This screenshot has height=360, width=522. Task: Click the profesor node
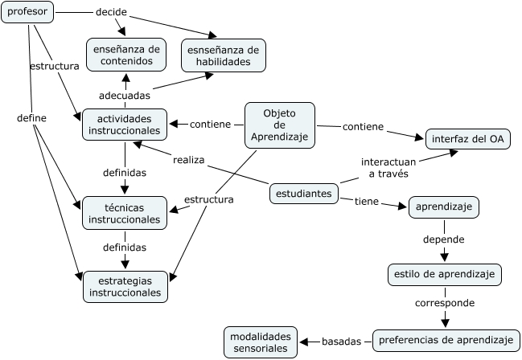click(27, 12)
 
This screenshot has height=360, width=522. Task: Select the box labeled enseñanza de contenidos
click(126, 55)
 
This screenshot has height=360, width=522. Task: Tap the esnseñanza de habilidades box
click(224, 55)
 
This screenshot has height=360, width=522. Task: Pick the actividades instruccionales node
click(125, 125)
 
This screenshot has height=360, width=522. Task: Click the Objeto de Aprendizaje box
click(280, 125)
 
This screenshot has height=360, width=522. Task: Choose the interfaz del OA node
click(468, 139)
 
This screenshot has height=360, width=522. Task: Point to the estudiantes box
click(304, 194)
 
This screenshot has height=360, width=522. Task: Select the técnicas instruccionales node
click(125, 213)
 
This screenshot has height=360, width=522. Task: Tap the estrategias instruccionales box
click(125, 286)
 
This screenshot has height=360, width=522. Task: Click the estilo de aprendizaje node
click(445, 275)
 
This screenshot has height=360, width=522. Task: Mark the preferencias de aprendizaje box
click(446, 341)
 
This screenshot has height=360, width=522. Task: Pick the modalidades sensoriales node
click(261, 342)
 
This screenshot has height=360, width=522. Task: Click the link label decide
click(111, 12)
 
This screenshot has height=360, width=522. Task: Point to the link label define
click(31, 118)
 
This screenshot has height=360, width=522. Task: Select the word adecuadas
click(125, 96)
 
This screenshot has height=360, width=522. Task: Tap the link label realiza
click(189, 160)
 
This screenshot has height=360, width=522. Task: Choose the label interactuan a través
click(388, 168)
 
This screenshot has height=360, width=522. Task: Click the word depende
click(444, 239)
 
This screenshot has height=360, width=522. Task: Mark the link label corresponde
click(445, 303)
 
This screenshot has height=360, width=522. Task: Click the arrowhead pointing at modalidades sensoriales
click(304, 342)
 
